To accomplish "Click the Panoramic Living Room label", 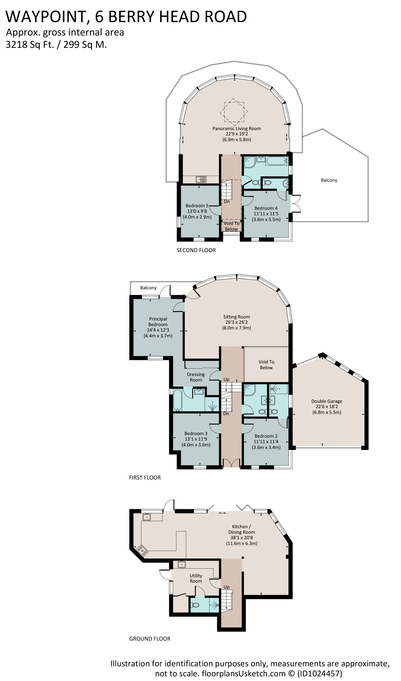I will click(x=236, y=129).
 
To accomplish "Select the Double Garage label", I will click(x=327, y=401).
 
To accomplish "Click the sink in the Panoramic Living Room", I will click(x=201, y=179).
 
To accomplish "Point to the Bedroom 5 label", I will click(x=197, y=206).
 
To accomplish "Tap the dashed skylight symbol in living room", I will click(x=234, y=111).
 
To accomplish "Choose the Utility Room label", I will click(x=196, y=578).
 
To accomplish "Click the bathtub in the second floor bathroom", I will click(x=276, y=161).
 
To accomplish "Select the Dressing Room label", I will click(x=196, y=377).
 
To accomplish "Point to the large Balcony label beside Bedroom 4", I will click(x=329, y=180).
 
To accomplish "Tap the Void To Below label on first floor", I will click(x=266, y=365).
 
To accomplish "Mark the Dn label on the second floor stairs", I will click(x=226, y=201).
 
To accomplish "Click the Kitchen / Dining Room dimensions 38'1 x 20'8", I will click(x=241, y=538).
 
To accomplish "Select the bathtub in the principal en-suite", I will click(x=178, y=400).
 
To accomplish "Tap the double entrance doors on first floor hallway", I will click(x=231, y=463).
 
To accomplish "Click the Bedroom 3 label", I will click(x=196, y=434).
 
